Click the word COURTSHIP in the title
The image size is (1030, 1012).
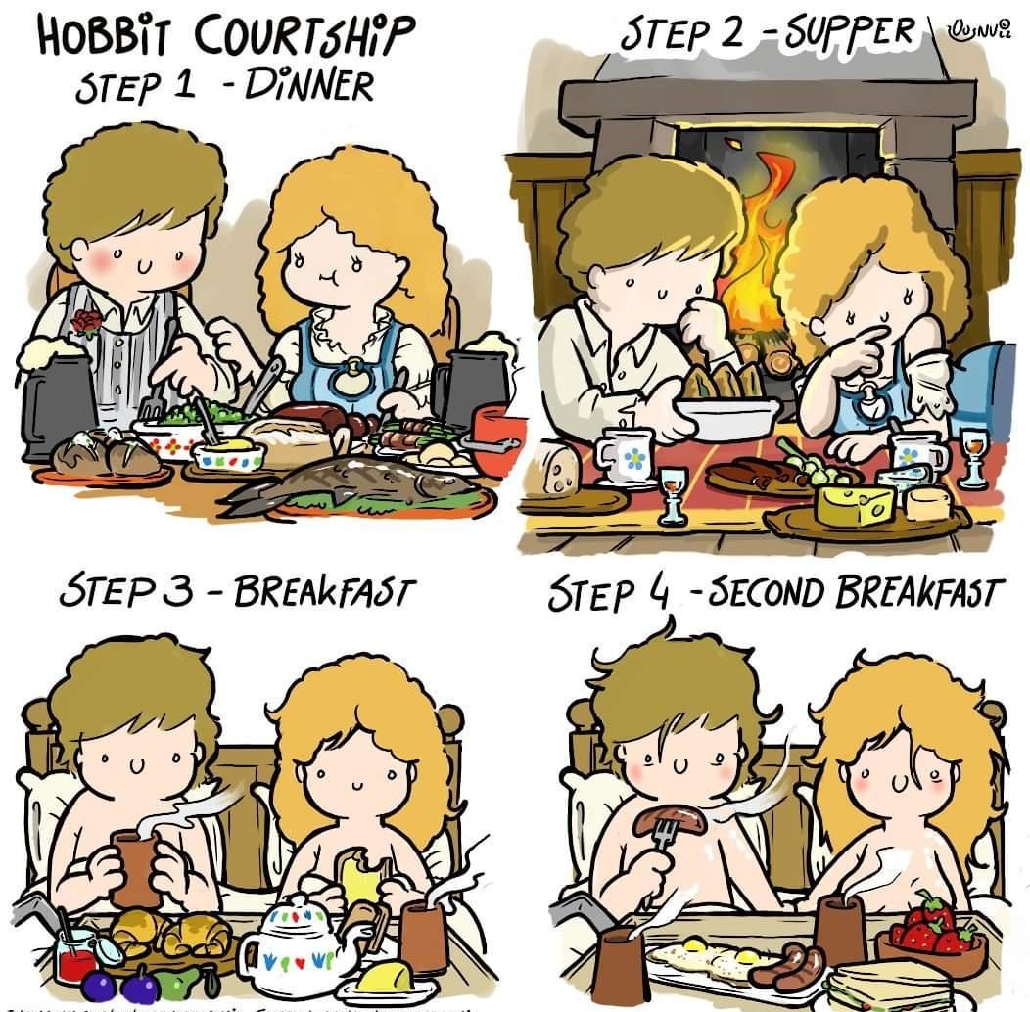(309, 39)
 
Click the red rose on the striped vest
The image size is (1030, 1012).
(85, 322)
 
